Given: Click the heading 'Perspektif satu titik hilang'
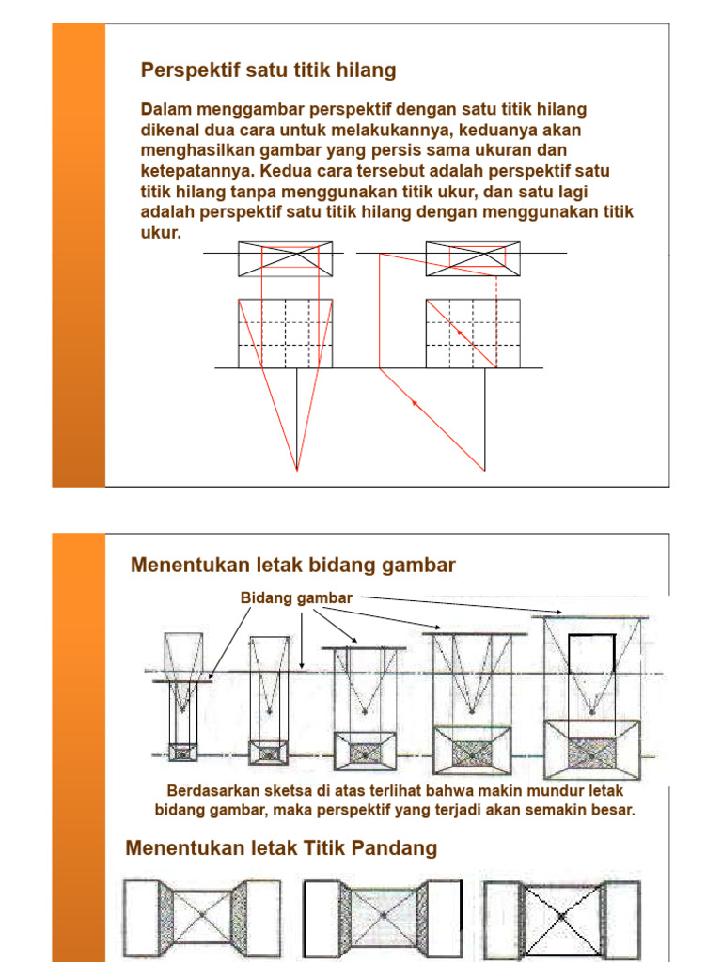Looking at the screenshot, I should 268,70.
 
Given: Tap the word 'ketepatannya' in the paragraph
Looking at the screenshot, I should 196,172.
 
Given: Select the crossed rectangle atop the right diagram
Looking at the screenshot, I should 473,258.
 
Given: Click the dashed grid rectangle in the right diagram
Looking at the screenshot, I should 473,334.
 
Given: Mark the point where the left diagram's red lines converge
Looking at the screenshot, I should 297,469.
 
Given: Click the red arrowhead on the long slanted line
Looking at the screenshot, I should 414,402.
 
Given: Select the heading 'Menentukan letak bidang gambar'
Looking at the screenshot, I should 293,565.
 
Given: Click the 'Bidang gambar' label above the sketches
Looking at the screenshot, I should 296,597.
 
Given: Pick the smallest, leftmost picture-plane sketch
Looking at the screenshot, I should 182,700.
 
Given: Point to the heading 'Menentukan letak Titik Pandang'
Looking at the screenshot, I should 281,848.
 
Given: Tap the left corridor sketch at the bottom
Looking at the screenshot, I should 201,915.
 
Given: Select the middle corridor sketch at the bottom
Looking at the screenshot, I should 383,915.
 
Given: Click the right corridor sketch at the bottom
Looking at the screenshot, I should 562,915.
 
